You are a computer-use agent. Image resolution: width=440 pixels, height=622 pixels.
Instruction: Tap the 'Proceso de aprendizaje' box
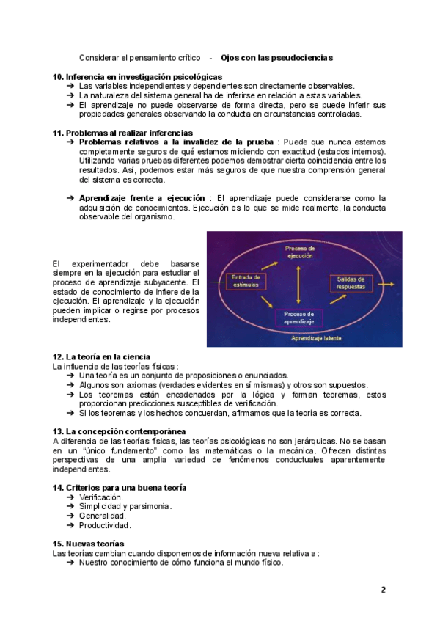tap(299, 318)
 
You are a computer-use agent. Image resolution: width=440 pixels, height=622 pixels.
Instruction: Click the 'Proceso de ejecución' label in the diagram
tap(300, 252)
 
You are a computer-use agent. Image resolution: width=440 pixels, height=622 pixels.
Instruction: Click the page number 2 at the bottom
tap(383, 590)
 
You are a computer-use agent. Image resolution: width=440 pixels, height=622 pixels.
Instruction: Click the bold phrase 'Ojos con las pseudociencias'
tap(276, 57)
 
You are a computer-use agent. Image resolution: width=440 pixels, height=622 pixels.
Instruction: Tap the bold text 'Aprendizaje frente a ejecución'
tap(142, 198)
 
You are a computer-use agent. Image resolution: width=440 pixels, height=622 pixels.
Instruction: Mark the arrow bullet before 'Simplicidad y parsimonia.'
tap(70, 506)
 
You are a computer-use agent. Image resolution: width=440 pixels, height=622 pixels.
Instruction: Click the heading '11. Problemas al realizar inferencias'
tap(122, 132)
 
